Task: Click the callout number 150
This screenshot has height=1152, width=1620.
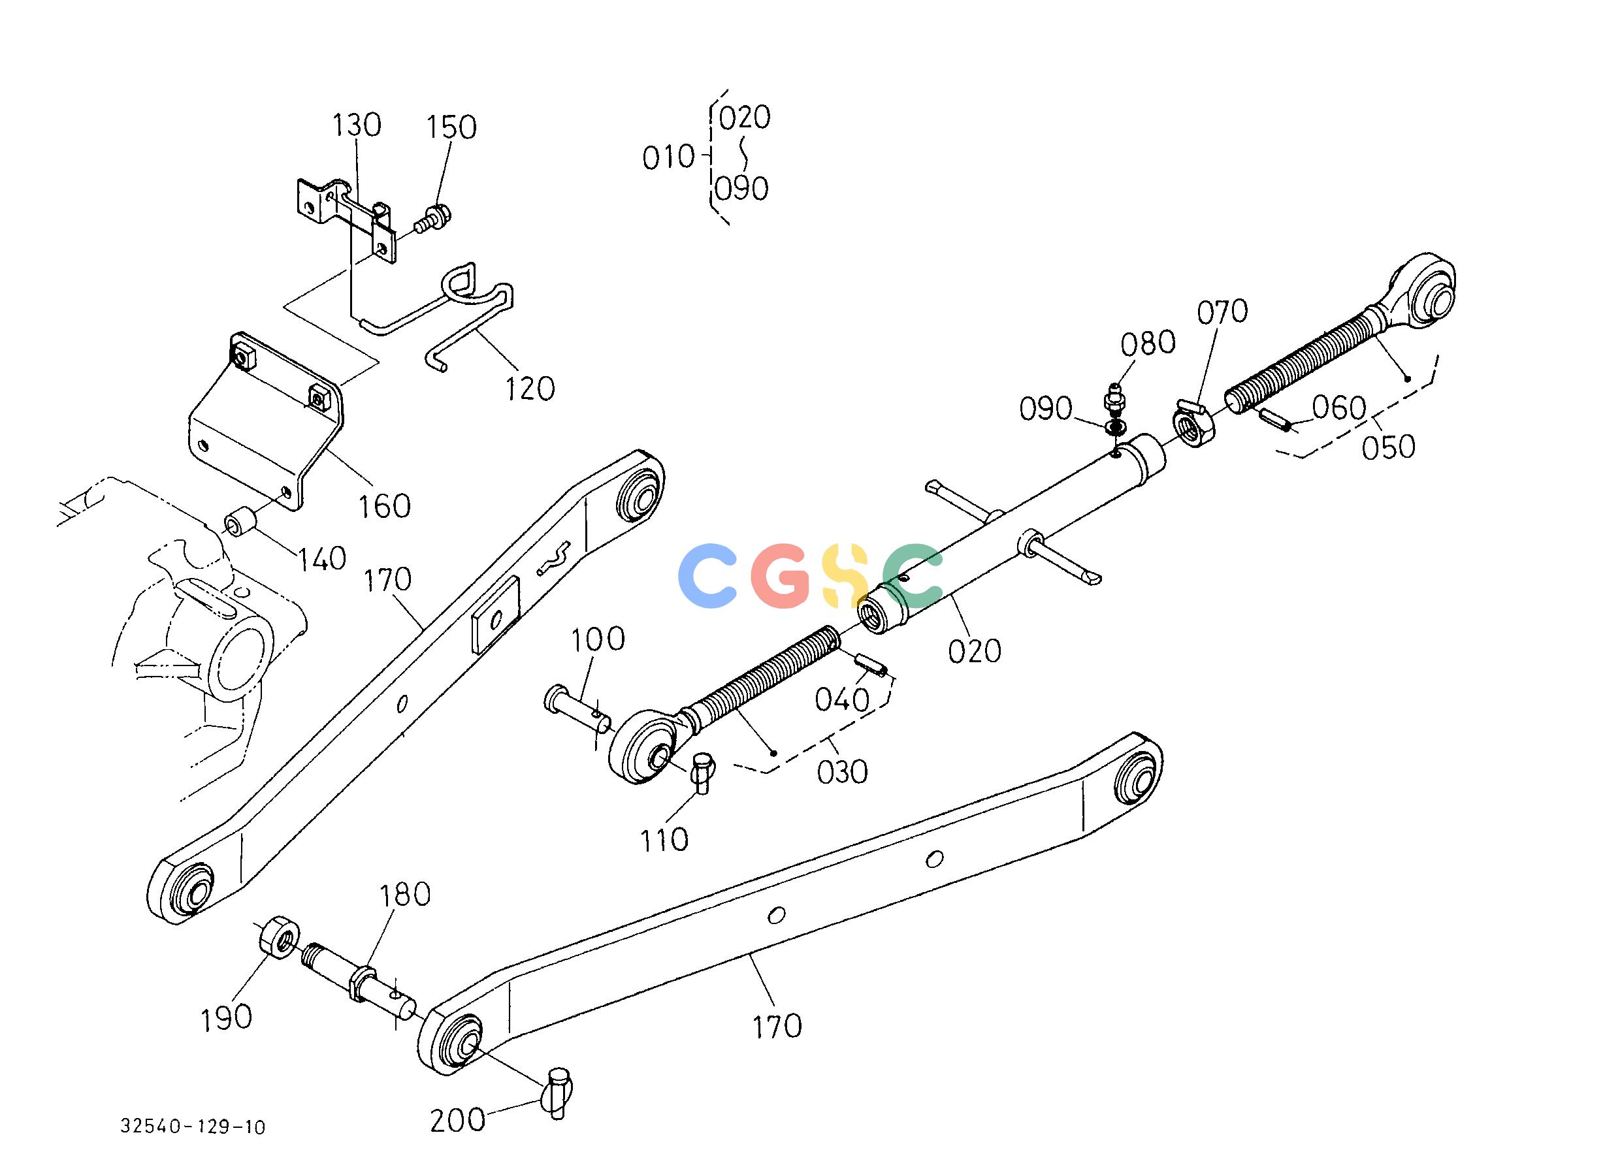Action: point(451,128)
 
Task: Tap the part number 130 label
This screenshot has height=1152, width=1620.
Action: point(357,125)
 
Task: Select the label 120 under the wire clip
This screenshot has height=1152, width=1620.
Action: point(529,389)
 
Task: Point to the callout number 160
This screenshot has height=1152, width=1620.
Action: point(384,507)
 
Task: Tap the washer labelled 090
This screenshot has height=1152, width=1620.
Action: point(1116,428)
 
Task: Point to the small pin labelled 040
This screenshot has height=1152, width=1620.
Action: point(872,665)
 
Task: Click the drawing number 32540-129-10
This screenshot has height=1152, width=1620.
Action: point(193,1127)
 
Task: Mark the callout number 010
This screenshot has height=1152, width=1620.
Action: point(668,157)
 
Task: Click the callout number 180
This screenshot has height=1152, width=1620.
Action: point(404,895)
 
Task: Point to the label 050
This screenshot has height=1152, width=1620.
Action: point(1389,446)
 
